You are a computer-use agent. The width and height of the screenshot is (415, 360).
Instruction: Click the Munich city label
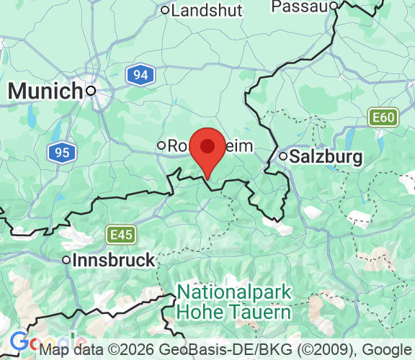point(45,91)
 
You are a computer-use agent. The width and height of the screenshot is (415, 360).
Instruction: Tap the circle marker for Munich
point(91,91)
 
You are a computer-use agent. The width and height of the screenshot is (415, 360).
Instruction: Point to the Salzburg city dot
point(284,156)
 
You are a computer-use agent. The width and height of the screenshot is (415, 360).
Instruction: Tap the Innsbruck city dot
point(66,260)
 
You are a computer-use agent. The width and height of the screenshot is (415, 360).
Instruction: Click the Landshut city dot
point(165,10)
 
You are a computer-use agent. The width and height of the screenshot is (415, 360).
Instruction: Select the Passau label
point(299,6)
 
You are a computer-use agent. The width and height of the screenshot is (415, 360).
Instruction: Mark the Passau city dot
point(334,6)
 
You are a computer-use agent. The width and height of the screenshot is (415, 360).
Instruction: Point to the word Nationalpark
point(234,293)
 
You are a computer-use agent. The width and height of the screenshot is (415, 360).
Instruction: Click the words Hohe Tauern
point(234,312)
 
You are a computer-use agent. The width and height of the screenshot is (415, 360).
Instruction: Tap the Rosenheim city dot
point(161,145)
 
